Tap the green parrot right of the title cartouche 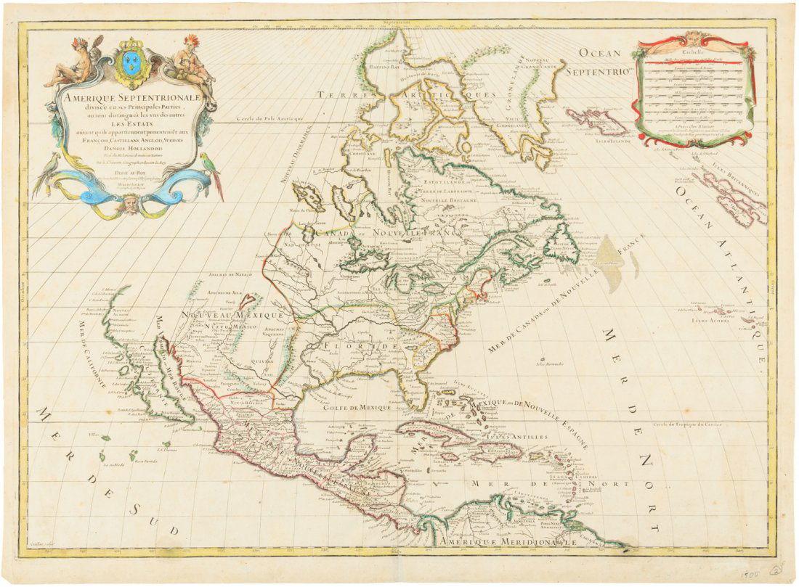[211, 168]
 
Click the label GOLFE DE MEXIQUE [357, 408]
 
